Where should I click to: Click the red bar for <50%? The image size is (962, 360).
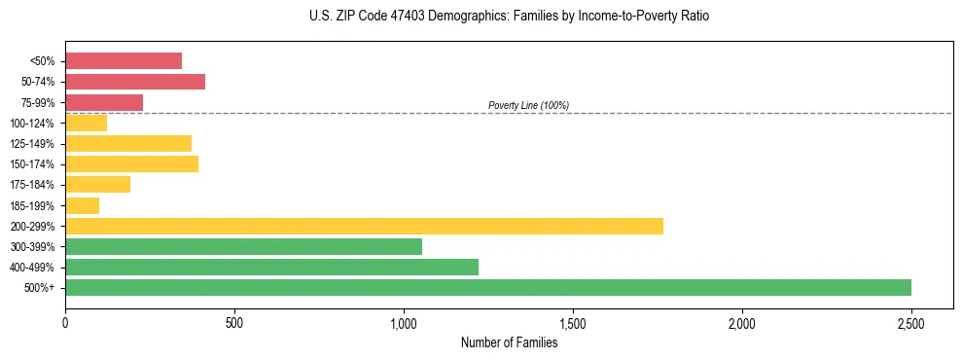[124, 61]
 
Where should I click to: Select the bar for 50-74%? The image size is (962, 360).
[135, 82]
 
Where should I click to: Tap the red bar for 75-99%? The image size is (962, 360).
[104, 102]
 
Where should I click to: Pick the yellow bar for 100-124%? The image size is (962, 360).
[87, 123]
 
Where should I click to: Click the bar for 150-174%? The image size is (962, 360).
[131, 163]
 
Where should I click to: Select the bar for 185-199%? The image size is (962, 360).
[83, 205]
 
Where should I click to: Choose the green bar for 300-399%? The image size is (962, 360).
[243, 246]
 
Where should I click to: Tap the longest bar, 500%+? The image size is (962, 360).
[488, 287]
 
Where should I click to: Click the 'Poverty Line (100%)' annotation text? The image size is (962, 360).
[528, 105]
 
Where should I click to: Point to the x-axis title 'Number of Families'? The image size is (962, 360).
[509, 342]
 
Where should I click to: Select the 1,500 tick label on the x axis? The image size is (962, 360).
[573, 323]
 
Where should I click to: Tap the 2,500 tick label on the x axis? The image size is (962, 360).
[911, 323]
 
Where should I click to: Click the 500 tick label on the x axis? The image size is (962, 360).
[234, 323]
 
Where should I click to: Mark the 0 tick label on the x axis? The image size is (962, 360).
[65, 323]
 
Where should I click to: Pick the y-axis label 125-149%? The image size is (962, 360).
[32, 144]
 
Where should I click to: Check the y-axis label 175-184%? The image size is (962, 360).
[32, 185]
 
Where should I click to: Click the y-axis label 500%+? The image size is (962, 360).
[40, 288]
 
